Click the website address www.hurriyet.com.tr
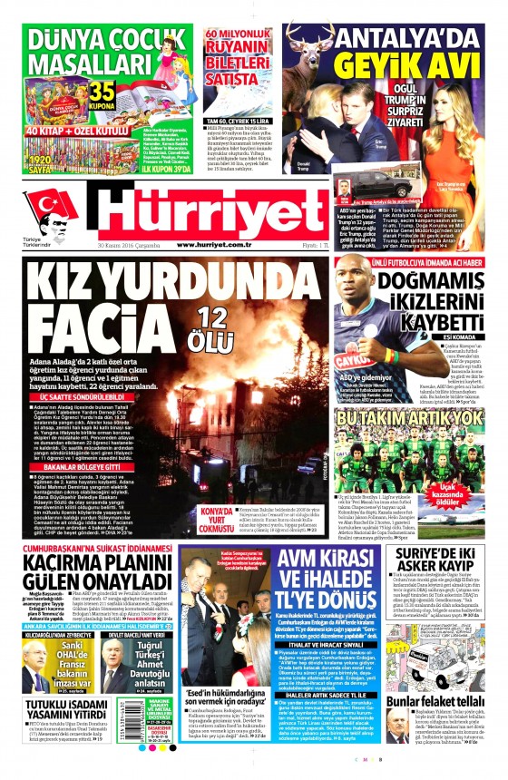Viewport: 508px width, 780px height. (226, 246)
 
